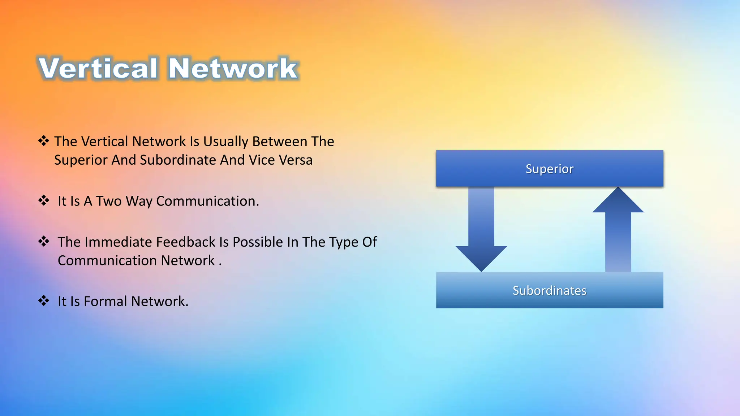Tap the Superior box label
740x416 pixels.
tap(549, 169)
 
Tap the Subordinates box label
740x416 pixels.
tap(549, 291)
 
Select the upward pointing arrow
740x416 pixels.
tap(618, 231)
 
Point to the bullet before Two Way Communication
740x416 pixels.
tap(44, 200)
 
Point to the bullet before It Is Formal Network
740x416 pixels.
tap(44, 300)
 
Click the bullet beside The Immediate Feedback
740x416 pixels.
tap(44, 241)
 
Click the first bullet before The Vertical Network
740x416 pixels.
tap(44, 141)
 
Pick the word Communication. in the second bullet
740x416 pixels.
tap(207, 201)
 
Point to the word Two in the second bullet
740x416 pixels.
tap(109, 201)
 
